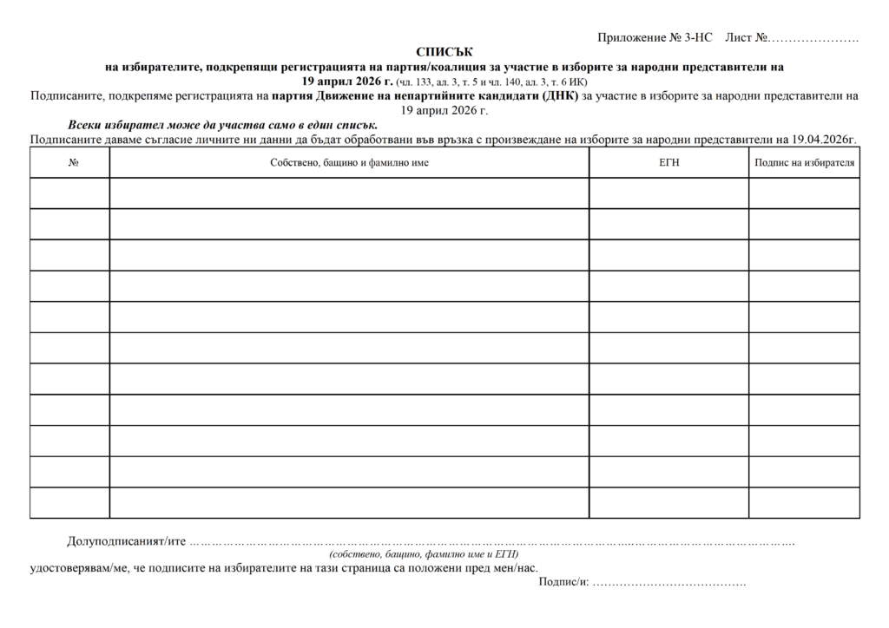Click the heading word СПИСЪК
[x=445, y=52]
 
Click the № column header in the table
[x=69, y=162]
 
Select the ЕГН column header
[x=668, y=162]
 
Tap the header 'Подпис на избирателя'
[x=804, y=162]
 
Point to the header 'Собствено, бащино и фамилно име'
[x=349, y=162]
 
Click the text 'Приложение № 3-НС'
[x=655, y=38]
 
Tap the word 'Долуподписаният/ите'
[x=127, y=541]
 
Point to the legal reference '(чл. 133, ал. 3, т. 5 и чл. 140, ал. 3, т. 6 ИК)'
[x=491, y=82]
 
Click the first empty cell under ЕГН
[x=668, y=193]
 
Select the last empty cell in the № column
[x=69, y=502]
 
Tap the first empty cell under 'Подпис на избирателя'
[x=804, y=193]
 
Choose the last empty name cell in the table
[x=349, y=502]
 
